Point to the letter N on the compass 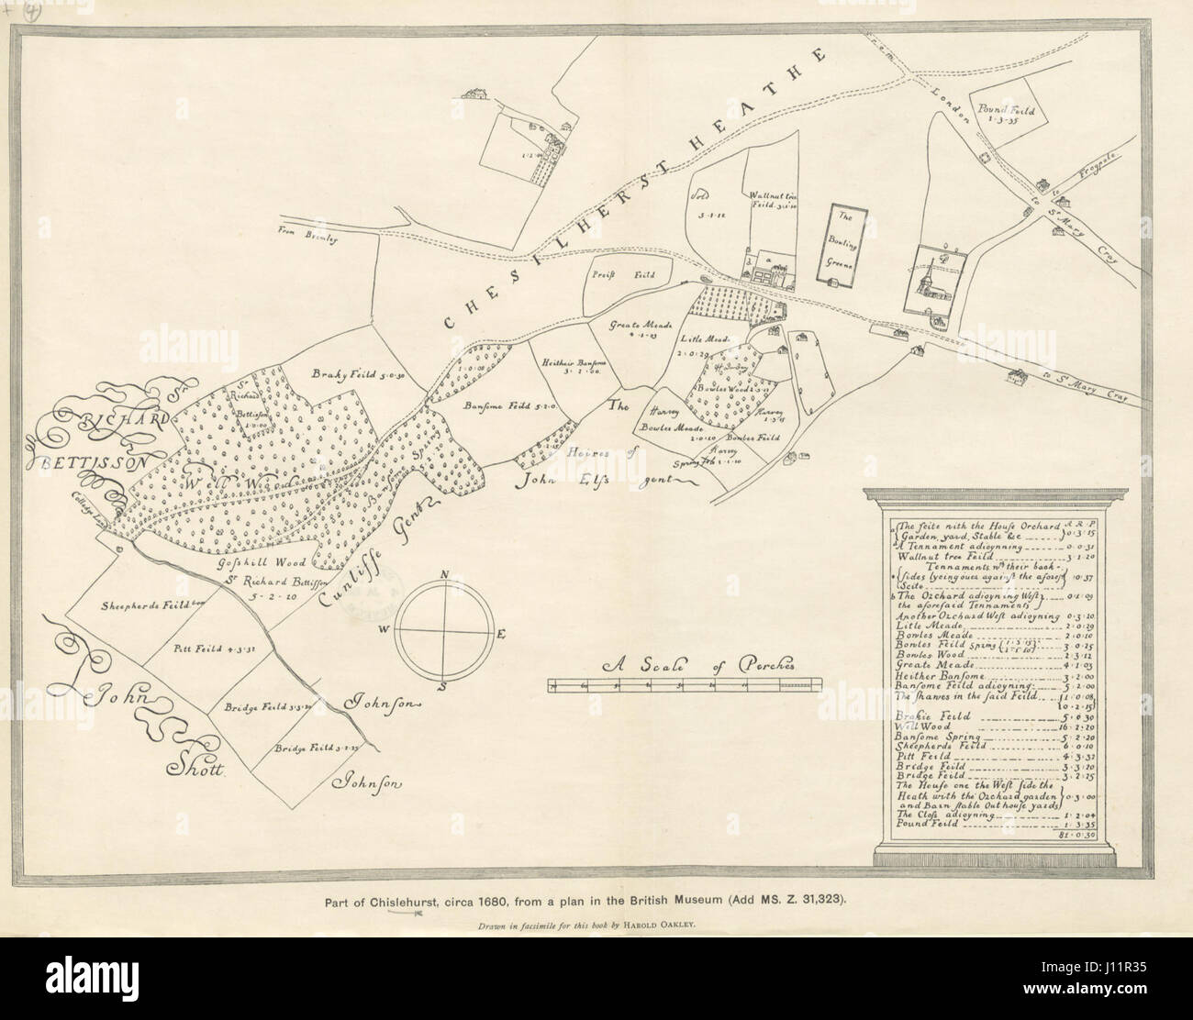[x=445, y=575]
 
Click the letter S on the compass [x=443, y=685]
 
